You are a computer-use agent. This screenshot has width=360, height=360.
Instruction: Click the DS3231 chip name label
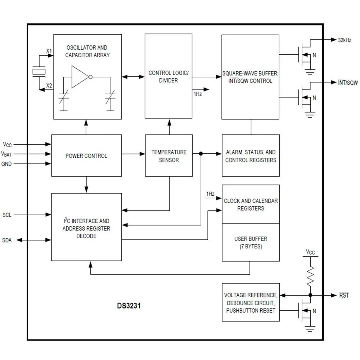(129, 306)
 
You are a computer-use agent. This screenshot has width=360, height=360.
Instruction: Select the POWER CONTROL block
(86, 156)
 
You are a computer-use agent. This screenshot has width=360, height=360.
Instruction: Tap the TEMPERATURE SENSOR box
(168, 156)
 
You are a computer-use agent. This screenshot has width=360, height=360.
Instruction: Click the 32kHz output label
(345, 40)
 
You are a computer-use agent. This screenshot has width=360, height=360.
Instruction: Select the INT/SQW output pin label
(347, 82)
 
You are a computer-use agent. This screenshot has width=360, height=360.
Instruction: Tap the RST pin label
(344, 295)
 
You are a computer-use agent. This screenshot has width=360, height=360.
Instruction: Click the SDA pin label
(7, 240)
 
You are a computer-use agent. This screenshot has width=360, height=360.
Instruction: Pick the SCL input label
(7, 215)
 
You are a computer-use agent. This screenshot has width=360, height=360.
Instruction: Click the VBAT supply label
(6, 154)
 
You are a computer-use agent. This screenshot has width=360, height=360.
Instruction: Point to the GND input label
(6, 163)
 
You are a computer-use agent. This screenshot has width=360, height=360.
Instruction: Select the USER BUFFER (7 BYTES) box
(251, 242)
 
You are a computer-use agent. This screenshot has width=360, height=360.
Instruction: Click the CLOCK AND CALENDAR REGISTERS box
(251, 204)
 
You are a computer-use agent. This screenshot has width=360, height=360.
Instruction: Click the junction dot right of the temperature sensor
(201, 154)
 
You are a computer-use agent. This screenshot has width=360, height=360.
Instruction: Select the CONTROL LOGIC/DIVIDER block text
(168, 77)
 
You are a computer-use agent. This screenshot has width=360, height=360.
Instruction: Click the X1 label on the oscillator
(49, 51)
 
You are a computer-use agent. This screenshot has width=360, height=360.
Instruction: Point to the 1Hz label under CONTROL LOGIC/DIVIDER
(198, 94)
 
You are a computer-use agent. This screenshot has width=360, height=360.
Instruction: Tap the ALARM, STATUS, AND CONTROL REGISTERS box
(251, 156)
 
